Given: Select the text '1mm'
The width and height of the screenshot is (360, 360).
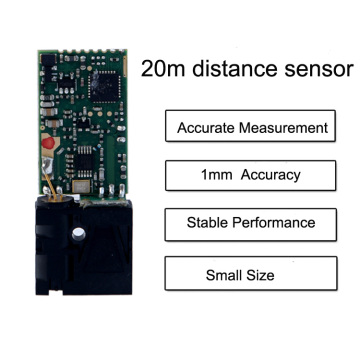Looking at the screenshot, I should pyautogui.click(x=213, y=175).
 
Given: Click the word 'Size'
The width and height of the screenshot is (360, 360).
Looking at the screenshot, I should pyautogui.click(x=270, y=273).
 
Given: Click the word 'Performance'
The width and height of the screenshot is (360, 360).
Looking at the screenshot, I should pyautogui.click(x=274, y=222).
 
